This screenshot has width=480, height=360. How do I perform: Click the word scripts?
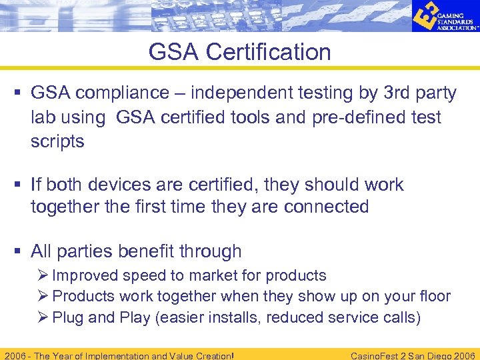(x=57, y=141)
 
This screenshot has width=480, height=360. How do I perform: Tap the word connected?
(x=326, y=207)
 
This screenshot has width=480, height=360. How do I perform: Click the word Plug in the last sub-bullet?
(x=68, y=317)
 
